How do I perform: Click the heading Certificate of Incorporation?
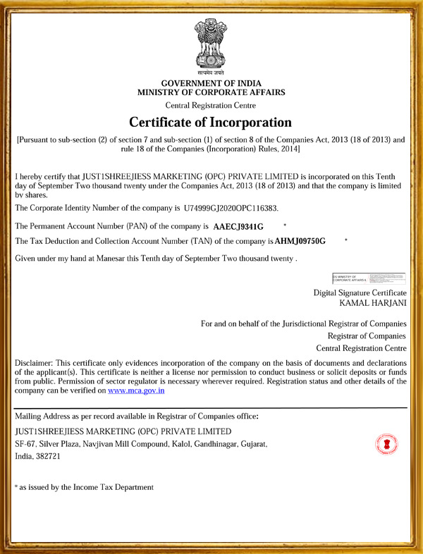click(x=210, y=122)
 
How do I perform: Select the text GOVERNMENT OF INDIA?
click(x=211, y=84)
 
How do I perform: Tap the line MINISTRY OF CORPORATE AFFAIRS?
click(x=211, y=92)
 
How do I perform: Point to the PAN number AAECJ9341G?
click(x=238, y=227)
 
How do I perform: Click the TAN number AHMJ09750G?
click(x=300, y=241)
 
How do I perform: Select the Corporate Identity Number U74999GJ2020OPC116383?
click(x=230, y=209)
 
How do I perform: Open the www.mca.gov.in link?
click(x=136, y=390)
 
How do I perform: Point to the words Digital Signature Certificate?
click(x=360, y=293)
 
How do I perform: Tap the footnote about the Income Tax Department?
click(x=84, y=487)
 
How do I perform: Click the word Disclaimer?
click(x=33, y=362)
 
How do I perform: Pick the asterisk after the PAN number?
click(x=284, y=225)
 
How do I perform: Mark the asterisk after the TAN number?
click(x=346, y=240)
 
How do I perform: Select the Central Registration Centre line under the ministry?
click(x=211, y=105)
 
